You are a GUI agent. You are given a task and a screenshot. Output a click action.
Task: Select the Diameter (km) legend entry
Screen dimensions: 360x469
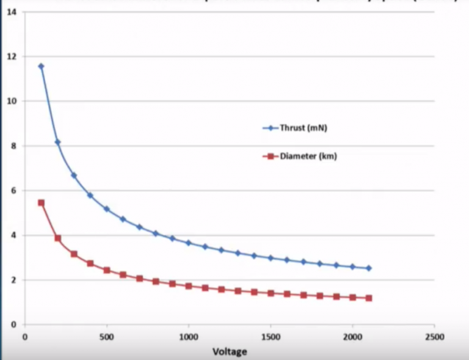(x=302, y=156)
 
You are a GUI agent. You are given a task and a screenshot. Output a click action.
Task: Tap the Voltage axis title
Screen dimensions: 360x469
(x=229, y=351)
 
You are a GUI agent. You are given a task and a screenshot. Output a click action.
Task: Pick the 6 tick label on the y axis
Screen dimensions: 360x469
(x=13, y=191)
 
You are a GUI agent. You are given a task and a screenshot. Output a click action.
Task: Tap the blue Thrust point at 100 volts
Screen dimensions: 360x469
(x=41, y=66)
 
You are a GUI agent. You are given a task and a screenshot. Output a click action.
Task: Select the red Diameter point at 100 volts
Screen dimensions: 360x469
(x=41, y=202)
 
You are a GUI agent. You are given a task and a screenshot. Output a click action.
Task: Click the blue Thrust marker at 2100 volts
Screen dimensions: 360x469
(x=369, y=268)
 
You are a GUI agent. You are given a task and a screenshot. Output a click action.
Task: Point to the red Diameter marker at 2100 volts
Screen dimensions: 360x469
(x=369, y=298)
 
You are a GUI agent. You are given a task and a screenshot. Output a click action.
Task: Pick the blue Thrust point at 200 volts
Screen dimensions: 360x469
(x=57, y=142)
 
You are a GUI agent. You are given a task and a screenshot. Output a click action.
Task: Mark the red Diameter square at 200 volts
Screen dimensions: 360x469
(x=57, y=238)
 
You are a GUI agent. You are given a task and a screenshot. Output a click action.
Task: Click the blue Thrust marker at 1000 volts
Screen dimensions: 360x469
(x=189, y=243)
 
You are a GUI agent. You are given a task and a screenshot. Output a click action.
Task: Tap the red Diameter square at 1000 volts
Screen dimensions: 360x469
(x=189, y=286)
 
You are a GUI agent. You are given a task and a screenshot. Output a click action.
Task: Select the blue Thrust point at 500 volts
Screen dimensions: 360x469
(x=107, y=209)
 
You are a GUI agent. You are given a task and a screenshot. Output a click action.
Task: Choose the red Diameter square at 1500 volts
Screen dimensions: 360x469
(x=271, y=293)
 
